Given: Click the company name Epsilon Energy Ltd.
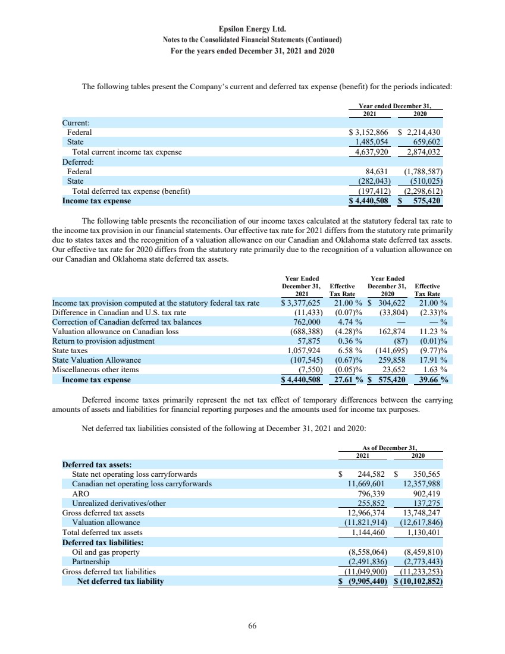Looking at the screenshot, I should [252, 29].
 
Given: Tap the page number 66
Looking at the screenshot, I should [252, 625].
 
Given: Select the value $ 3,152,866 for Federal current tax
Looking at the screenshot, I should [368, 133].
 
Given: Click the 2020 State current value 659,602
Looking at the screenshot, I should [426, 142].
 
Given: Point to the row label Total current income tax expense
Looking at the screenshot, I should [126, 152].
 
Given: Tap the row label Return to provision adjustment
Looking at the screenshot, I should [103, 341].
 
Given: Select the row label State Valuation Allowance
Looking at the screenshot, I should [96, 360].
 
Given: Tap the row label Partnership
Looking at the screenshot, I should [90, 561].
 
